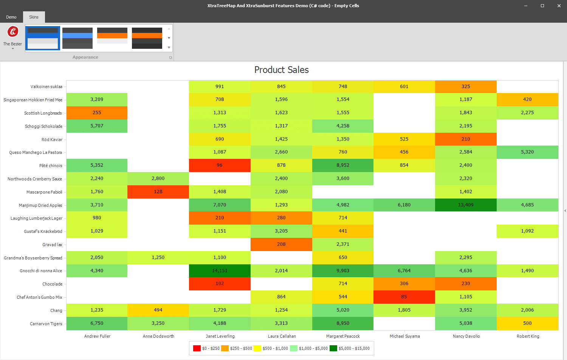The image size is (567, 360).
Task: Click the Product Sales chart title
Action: pos(281,70)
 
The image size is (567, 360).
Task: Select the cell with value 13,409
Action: pos(466,205)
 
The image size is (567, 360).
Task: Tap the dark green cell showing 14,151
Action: pos(220,271)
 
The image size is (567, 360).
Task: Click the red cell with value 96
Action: pos(220,165)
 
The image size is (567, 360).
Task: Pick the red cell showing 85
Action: pos(404,297)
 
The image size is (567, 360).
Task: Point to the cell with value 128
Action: pos(158,192)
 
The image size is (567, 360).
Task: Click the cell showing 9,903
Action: pos(343,271)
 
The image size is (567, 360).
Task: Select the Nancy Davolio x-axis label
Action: pos(466,336)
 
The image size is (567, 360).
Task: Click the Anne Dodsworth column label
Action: pos(158,336)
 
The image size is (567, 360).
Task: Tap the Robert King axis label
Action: pos(528,336)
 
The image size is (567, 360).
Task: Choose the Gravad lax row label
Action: pos(52,245)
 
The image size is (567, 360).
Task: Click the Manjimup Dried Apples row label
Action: pos(40,205)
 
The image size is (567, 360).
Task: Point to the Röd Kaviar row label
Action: pos(52,140)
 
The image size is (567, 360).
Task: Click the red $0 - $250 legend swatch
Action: pos(197,348)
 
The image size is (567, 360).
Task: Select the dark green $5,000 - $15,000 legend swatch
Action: pos(333,348)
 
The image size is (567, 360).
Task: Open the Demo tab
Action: pos(11,17)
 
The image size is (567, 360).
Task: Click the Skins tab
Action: pos(34,17)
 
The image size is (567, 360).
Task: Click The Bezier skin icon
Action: pos(13,32)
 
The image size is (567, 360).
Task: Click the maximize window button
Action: pos(542,6)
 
